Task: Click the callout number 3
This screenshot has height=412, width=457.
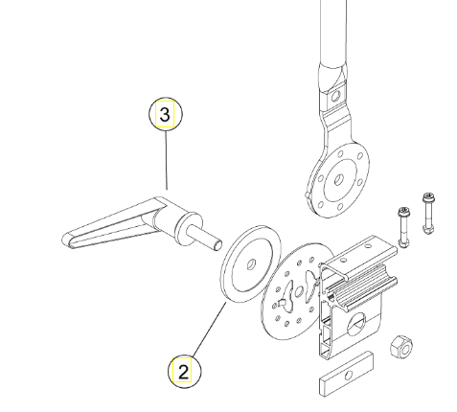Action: coord(165,114)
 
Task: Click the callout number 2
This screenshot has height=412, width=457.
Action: coord(183,372)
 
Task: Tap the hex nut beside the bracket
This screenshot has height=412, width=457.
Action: coord(401,347)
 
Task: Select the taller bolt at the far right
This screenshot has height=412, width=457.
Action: coord(428,214)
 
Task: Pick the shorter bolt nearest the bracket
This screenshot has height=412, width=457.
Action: coord(403,227)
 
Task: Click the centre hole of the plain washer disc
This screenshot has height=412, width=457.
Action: coord(252,264)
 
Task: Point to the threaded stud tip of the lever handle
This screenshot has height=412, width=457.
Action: coord(218,245)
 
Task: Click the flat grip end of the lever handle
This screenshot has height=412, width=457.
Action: coord(68,240)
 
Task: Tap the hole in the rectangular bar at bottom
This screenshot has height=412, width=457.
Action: coord(349,376)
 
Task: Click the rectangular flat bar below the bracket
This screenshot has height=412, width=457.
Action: coord(346,374)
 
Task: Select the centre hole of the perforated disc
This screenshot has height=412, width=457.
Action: coord(299,291)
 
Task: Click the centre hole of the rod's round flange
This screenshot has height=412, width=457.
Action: coord(338,180)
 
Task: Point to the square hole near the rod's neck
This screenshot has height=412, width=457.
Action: coord(336,95)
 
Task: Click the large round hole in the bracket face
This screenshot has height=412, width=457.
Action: coord(356,323)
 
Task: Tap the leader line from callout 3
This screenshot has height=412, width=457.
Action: coord(166,160)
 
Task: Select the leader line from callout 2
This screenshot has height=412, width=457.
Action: coord(209,329)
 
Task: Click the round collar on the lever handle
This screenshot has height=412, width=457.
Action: coord(189,229)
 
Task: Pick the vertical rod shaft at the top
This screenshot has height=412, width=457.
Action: coord(332,32)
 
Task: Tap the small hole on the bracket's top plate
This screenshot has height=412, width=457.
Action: coord(368,246)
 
